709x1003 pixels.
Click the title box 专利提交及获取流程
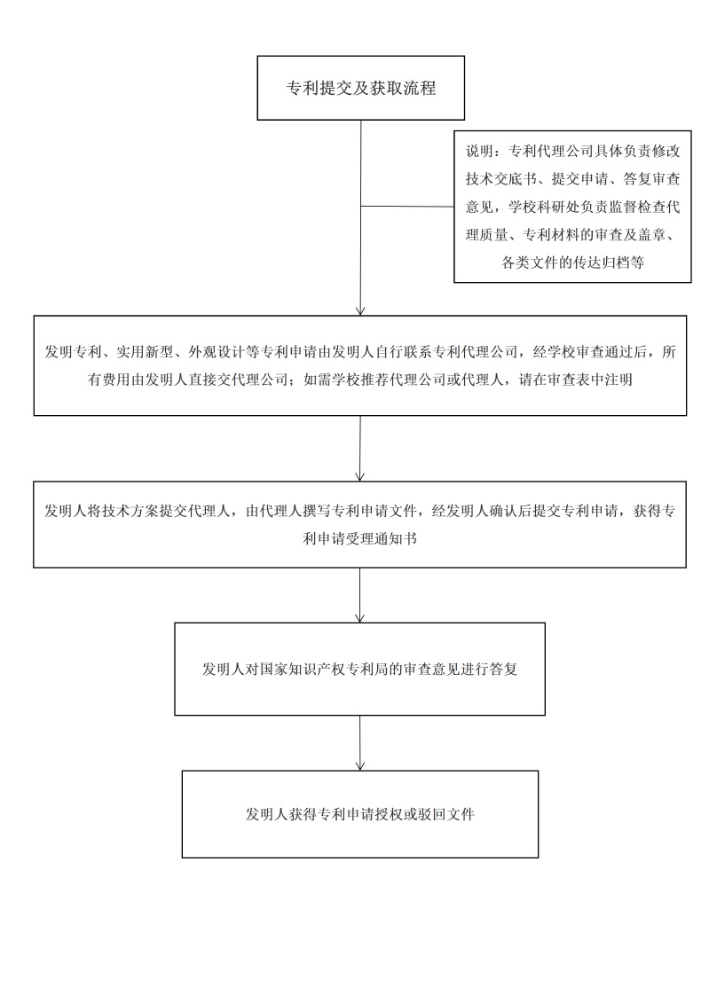(x=360, y=89)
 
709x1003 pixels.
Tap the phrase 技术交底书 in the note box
(x=502, y=179)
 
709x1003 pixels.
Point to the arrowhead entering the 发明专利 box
(x=360, y=310)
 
